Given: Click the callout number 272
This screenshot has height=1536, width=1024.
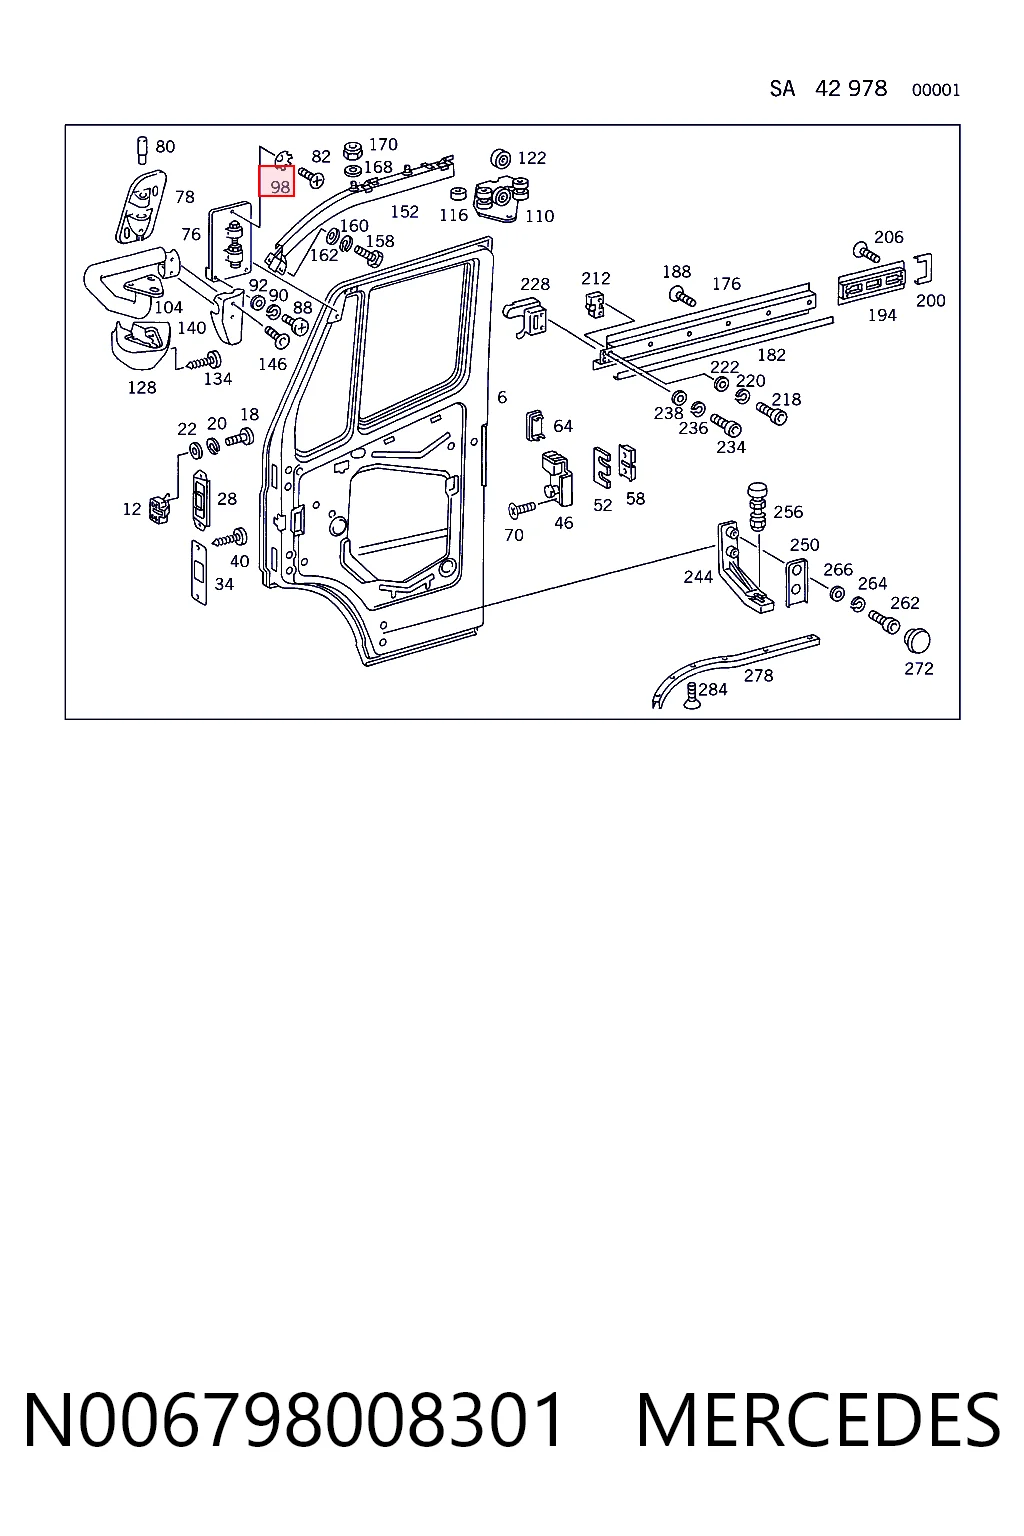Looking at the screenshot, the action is pyautogui.click(x=918, y=669).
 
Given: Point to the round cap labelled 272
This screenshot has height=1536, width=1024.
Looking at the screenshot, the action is pyautogui.click(x=918, y=640).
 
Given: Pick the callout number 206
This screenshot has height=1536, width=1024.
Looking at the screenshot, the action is pyautogui.click(x=888, y=237).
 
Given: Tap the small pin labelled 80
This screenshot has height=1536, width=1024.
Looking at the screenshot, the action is pyautogui.click(x=142, y=150).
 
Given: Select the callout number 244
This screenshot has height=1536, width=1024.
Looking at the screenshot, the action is pyautogui.click(x=698, y=577).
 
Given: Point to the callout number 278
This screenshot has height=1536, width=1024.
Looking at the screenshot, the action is pyautogui.click(x=758, y=676).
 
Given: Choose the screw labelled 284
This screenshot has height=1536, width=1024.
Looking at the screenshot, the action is pyautogui.click(x=692, y=695).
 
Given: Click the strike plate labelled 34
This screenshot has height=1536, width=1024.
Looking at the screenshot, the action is pyautogui.click(x=199, y=573).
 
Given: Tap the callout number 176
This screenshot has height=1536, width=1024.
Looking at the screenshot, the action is pyautogui.click(x=726, y=284).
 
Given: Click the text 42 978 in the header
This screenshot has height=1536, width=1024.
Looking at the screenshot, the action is pyautogui.click(x=850, y=89).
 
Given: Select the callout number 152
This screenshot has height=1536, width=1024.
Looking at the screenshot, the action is pyautogui.click(x=404, y=212).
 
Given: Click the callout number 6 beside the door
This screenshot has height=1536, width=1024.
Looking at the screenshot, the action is pyautogui.click(x=502, y=397).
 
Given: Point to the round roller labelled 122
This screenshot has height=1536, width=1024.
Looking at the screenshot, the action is pyautogui.click(x=501, y=159).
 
